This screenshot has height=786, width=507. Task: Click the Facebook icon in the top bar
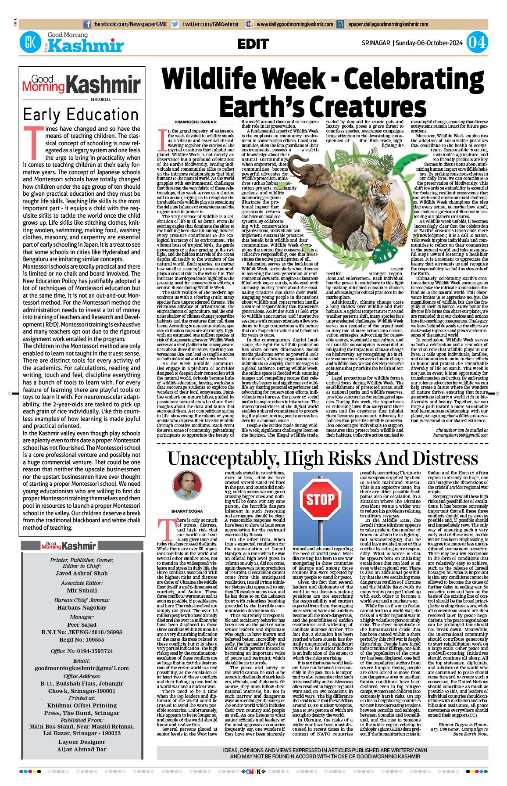(87, 25)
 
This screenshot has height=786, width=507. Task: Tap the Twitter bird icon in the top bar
(175, 25)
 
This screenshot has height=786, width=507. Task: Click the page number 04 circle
(477, 43)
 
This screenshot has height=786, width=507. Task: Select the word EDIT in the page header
(253, 44)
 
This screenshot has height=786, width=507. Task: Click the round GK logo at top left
(30, 43)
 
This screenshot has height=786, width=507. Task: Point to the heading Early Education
(81, 115)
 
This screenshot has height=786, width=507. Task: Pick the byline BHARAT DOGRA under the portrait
(187, 511)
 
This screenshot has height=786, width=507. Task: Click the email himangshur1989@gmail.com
(461, 435)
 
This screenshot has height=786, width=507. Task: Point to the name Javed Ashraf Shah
(82, 573)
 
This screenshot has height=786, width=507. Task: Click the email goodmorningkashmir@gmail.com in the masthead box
(82, 668)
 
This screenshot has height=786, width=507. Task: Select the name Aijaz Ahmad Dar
(82, 750)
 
